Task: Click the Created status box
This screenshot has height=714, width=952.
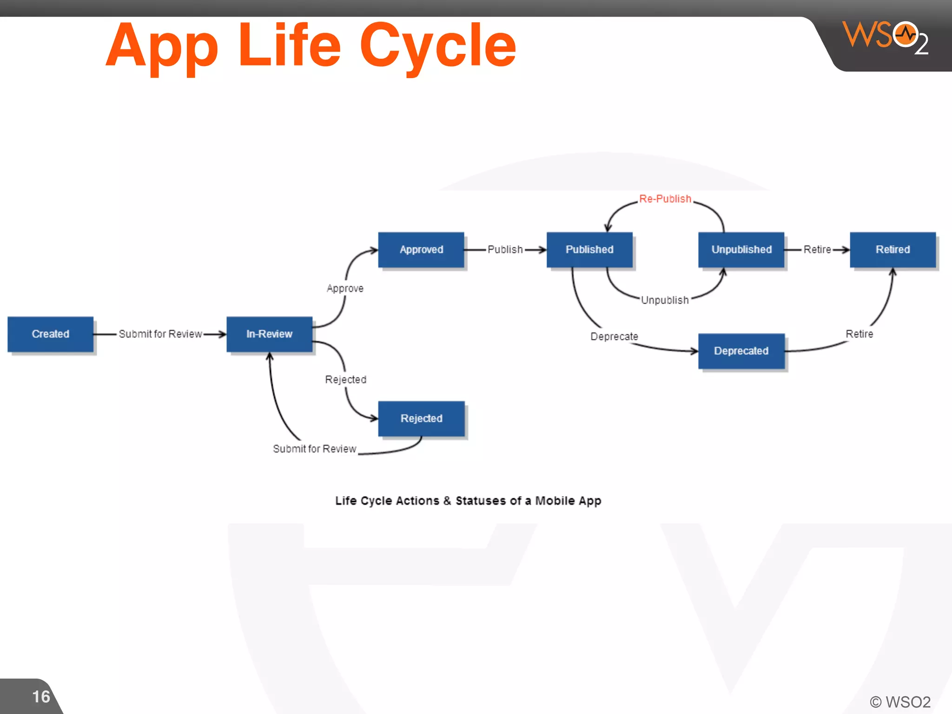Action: tap(50, 334)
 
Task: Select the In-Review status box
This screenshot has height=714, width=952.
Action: tap(269, 334)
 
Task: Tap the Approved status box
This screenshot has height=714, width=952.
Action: tap(421, 250)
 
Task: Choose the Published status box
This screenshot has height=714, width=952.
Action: tap(589, 250)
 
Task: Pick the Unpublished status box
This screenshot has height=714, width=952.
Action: tap(741, 250)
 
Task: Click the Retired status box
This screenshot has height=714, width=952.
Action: tap(892, 250)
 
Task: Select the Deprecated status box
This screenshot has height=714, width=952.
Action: tap(741, 351)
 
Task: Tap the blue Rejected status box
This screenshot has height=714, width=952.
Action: tap(421, 418)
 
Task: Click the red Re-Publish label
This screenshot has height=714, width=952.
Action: tap(665, 199)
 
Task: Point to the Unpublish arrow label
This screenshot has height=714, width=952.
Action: tap(665, 300)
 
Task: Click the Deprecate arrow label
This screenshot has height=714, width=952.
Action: tap(614, 336)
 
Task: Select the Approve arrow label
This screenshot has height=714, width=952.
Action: tap(345, 288)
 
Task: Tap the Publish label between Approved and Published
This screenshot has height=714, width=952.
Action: tap(505, 250)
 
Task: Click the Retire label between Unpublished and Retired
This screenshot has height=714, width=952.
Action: tap(817, 250)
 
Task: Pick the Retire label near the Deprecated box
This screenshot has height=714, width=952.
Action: tap(859, 334)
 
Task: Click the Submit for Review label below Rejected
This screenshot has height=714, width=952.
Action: tap(314, 449)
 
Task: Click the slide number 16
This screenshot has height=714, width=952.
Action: tap(41, 696)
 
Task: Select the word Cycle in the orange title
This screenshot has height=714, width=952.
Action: tap(437, 46)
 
